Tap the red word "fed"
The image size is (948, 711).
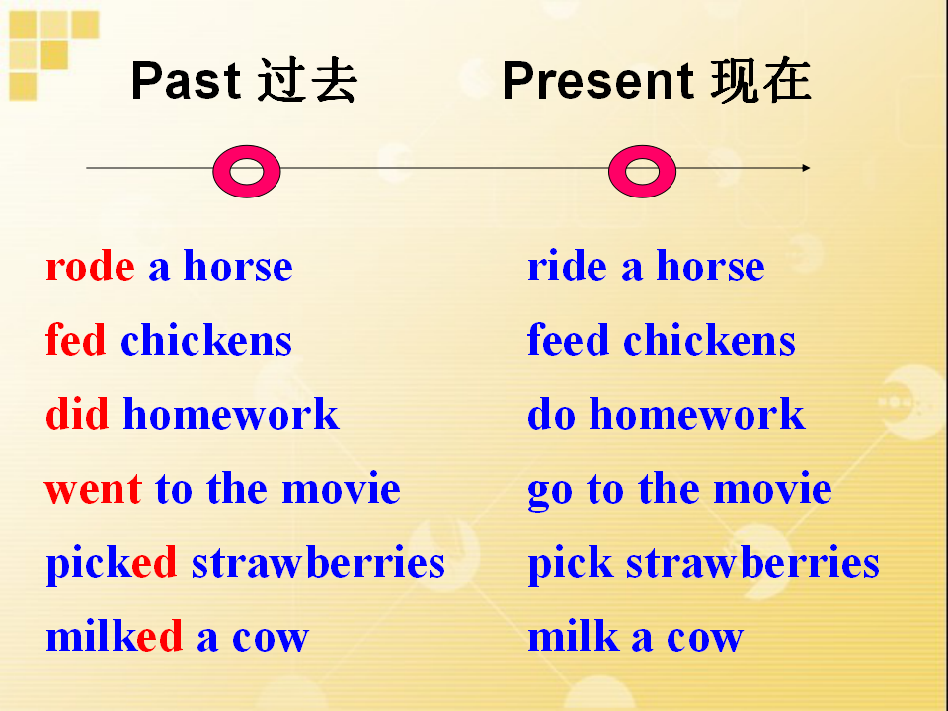[x=76, y=339]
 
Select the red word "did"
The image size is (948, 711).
[x=77, y=414]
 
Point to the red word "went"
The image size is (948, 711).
[x=93, y=490]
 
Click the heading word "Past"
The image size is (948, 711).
[x=186, y=80]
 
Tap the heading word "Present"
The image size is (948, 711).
[x=597, y=80]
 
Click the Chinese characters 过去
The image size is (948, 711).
[x=306, y=80]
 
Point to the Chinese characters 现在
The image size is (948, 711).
[x=760, y=80]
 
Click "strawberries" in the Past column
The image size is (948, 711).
[x=318, y=562]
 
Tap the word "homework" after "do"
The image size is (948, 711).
[x=697, y=414]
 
